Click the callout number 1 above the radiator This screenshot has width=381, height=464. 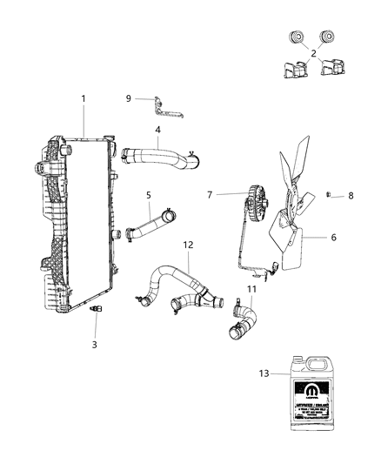(84, 99)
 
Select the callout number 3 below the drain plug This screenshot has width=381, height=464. (95, 344)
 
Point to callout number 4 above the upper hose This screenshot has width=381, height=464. (157, 131)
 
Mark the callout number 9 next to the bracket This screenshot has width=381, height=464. (129, 99)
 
